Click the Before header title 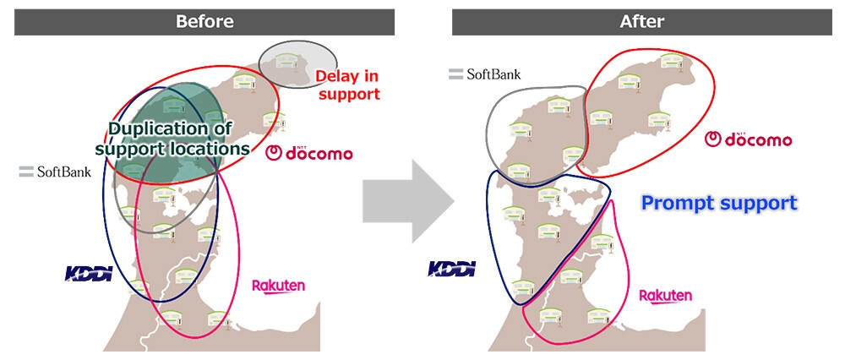204,21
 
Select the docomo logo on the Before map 309,153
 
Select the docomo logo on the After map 749,139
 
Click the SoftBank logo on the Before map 55,172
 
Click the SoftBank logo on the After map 485,74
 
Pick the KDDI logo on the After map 452,269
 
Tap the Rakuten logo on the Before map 278,286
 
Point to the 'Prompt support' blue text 718,204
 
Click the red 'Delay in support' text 348,85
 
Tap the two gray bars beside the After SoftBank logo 456,74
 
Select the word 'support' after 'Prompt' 760,204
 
